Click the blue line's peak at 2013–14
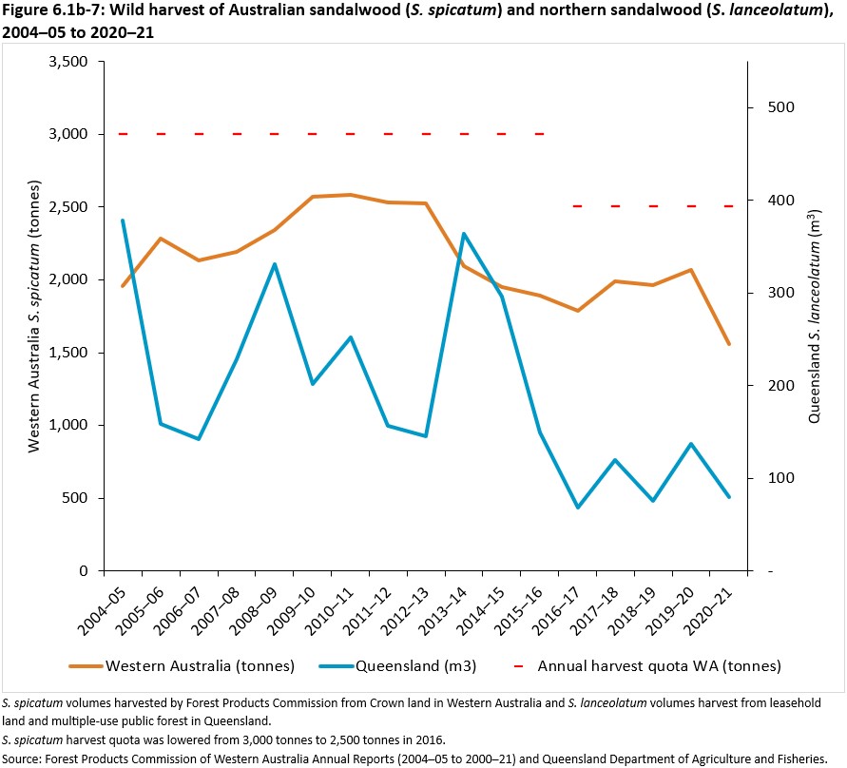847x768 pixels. pyautogui.click(x=463, y=233)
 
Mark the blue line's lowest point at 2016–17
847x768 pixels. pyautogui.click(x=577, y=508)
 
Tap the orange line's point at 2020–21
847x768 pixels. pyautogui.click(x=729, y=344)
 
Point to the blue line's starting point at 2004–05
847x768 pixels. pyautogui.click(x=123, y=221)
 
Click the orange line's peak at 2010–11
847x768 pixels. pyautogui.click(x=350, y=195)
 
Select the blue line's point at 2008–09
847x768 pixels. pyautogui.click(x=274, y=264)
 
